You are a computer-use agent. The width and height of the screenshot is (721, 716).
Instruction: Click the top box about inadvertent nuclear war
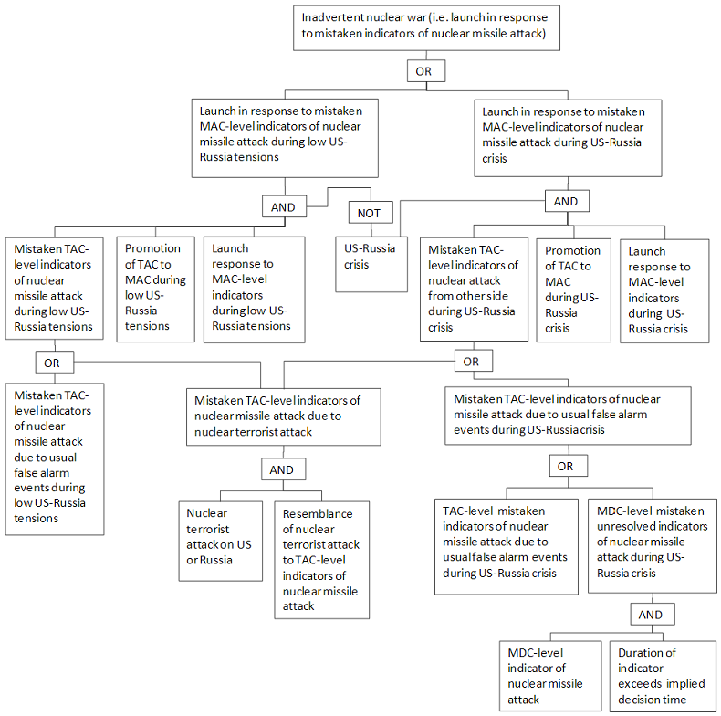(x=426, y=27)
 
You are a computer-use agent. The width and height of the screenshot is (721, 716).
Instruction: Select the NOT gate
(x=371, y=213)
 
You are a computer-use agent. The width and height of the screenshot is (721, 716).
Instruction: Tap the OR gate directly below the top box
(x=426, y=71)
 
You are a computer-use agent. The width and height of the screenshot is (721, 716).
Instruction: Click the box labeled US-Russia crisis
(x=371, y=264)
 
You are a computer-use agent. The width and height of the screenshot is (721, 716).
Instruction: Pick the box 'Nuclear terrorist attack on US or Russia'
(x=221, y=542)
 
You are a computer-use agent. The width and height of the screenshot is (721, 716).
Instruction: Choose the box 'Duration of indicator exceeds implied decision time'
(x=664, y=676)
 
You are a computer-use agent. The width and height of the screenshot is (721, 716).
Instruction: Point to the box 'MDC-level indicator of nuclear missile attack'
(x=550, y=676)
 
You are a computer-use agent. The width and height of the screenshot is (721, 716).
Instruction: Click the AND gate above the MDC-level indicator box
(x=653, y=614)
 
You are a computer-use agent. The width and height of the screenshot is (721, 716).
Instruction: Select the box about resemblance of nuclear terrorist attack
(x=322, y=560)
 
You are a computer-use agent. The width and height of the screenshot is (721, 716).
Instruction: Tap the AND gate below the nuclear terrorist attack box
(x=284, y=469)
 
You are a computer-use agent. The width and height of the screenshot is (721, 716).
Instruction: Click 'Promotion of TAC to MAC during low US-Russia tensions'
(x=155, y=289)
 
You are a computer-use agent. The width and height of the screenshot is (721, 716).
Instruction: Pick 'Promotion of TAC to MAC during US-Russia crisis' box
(x=573, y=290)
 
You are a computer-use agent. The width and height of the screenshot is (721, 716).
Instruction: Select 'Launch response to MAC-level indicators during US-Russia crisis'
(x=664, y=290)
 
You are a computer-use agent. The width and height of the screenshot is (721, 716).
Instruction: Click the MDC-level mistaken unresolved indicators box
(x=653, y=546)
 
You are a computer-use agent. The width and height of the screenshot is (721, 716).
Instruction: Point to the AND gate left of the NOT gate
(x=284, y=206)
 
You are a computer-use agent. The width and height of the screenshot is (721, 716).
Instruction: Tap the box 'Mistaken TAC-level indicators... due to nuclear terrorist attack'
(x=284, y=416)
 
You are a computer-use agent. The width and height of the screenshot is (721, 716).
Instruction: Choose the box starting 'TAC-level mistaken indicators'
(x=507, y=547)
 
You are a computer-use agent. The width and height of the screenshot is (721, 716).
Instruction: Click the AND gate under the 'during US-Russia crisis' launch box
(x=567, y=201)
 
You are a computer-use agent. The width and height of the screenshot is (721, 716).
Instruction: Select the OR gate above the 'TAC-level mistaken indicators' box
(x=569, y=466)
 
